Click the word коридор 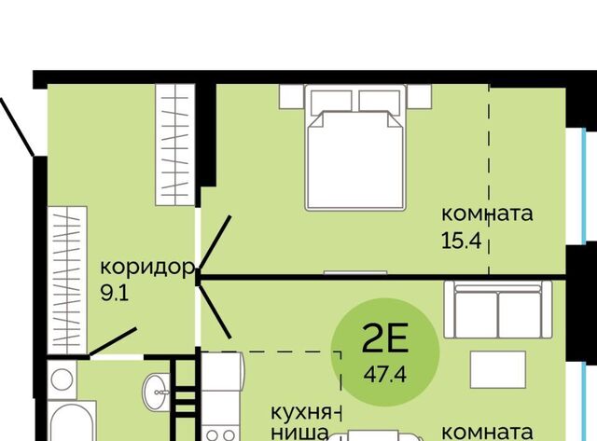pyautogui.click(x=147, y=268)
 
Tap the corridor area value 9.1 pyautogui.click(x=115, y=294)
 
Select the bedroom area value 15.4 pyautogui.click(x=462, y=241)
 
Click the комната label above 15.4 pyautogui.click(x=487, y=214)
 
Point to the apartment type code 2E pyautogui.click(x=385, y=338)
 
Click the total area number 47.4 pyautogui.click(x=385, y=375)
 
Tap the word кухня pyautogui.click(x=301, y=413)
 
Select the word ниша pyautogui.click(x=299, y=433)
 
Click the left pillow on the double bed pyautogui.click(x=331, y=103)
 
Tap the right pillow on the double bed pyautogui.click(x=380, y=103)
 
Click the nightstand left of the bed pyautogui.click(x=292, y=97)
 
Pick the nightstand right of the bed pyautogui.click(x=419, y=97)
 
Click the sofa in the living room pyautogui.click(x=498, y=310)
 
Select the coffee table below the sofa pyautogui.click(x=498, y=369)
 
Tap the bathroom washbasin pyautogui.click(x=156, y=392)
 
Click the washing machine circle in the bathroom pyautogui.click(x=62, y=379)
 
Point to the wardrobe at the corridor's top pyautogui.click(x=175, y=145)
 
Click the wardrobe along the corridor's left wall pyautogui.click(x=67, y=280)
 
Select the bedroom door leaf pyautogui.click(x=215, y=242)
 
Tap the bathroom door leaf pyautogui.click(x=112, y=341)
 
